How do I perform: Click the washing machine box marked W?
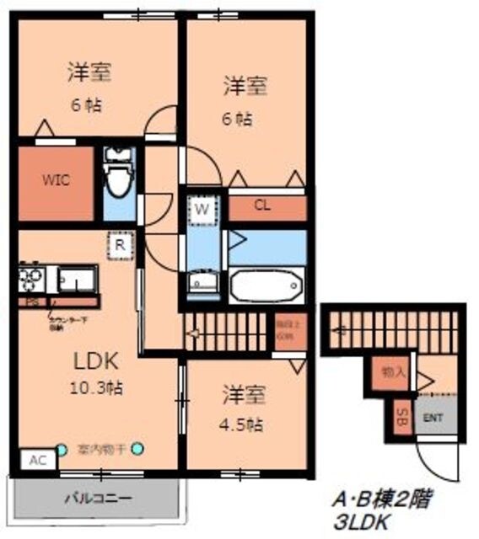click(202, 209)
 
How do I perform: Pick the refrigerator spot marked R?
click(121, 245)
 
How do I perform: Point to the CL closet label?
click(262, 205)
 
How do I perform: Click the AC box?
click(36, 461)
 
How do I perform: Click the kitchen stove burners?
click(33, 277)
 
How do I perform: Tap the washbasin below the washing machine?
click(202, 280)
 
